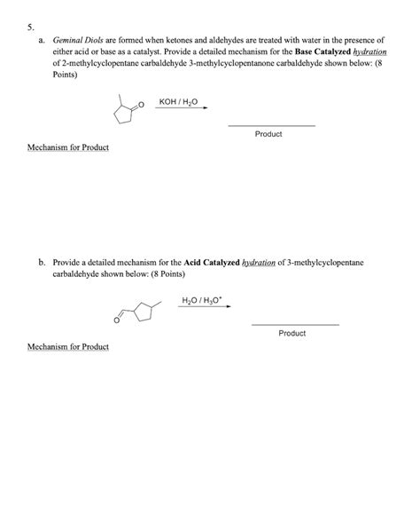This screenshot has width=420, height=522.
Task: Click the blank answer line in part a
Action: tap(271, 125)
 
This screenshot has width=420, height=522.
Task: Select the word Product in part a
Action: tap(268, 134)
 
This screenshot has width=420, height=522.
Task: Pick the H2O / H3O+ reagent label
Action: tap(199, 302)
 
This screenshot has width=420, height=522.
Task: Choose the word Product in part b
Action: tap(292, 333)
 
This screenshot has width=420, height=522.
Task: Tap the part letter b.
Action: tap(42, 264)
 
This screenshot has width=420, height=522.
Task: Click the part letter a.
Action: tap(43, 41)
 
